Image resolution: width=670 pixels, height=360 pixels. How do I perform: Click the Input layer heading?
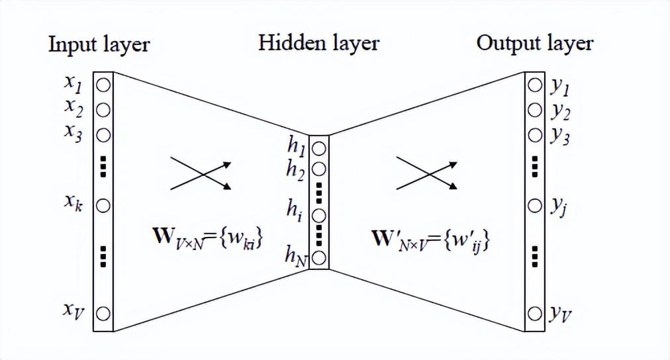[x=99, y=45]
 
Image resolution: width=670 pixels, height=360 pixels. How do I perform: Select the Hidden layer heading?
[x=318, y=44]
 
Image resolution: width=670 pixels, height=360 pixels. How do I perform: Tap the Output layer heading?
[x=534, y=44]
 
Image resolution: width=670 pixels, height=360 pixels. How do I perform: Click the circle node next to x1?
[x=103, y=85]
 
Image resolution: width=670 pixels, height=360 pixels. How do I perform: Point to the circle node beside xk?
[x=103, y=206]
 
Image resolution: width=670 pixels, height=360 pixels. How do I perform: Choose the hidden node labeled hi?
[x=318, y=216]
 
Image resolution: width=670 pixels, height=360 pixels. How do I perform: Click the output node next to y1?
[x=534, y=85]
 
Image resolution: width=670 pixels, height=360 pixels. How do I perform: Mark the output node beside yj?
[x=534, y=206]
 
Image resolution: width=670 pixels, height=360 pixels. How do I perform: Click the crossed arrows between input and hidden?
[x=201, y=173]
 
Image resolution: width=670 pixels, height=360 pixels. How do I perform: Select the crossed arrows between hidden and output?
[x=427, y=173]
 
